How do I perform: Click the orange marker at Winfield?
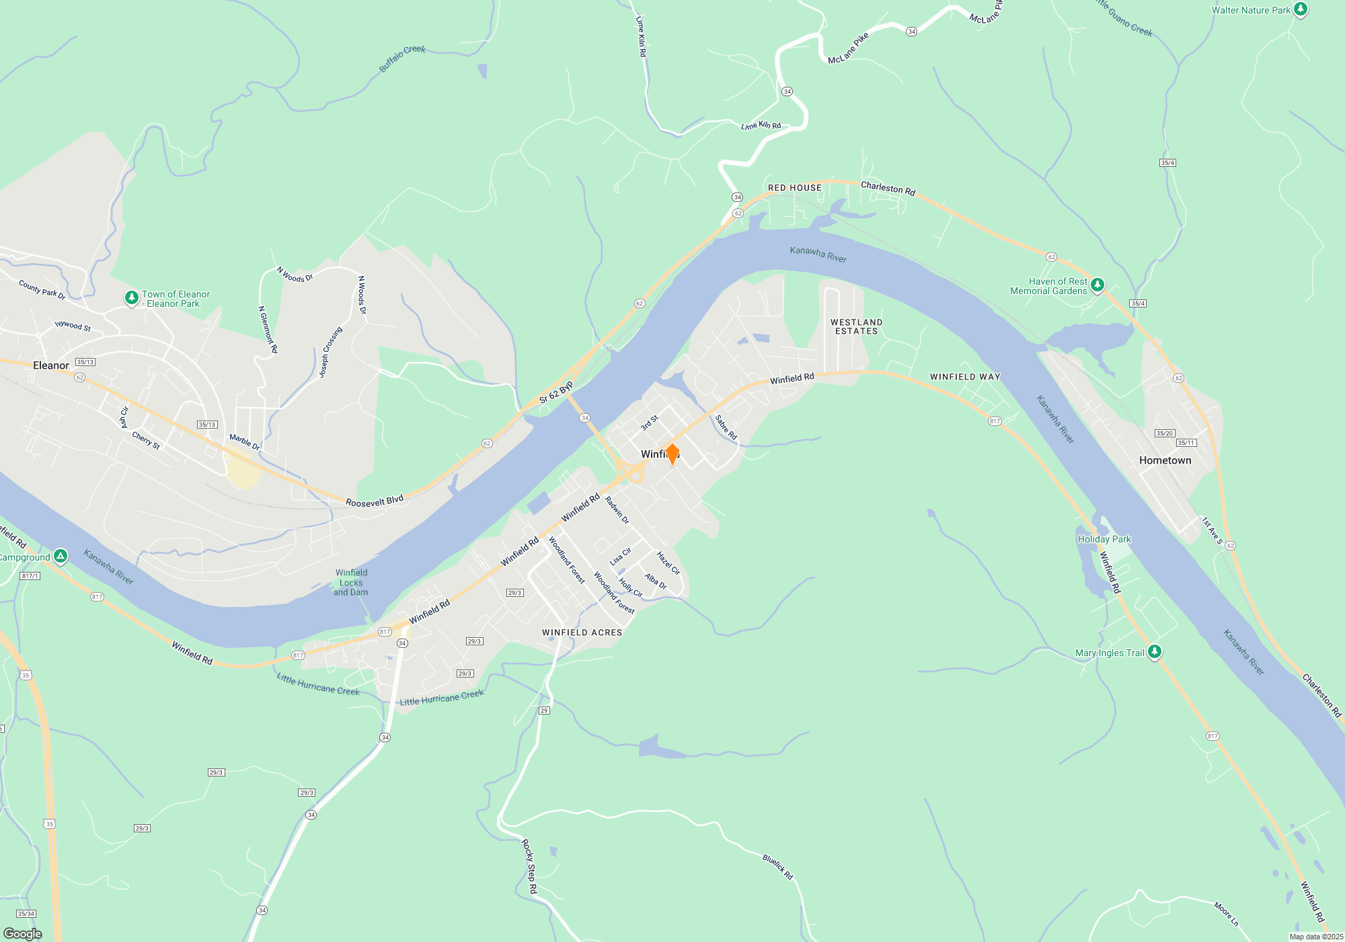[672, 454]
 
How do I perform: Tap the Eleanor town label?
[51, 365]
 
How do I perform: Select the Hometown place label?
[1165, 460]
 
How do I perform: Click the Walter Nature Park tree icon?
[1301, 10]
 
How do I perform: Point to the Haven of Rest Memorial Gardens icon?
[1097, 285]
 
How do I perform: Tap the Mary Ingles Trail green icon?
[1155, 652]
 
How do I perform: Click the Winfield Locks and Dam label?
[351, 583]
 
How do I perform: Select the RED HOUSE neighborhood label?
[795, 188]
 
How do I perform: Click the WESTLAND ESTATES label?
[856, 326]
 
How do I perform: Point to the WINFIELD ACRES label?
[582, 632]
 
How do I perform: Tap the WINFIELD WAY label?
[965, 377]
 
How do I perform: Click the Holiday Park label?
[1104, 539]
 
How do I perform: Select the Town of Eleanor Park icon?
[132, 297]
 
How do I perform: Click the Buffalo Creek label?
[402, 58]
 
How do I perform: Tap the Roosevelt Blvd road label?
[375, 501]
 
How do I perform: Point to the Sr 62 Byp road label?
[556, 392]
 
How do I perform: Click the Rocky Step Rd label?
[530, 866]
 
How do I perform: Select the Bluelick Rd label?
[778, 867]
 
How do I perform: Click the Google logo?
[23, 934]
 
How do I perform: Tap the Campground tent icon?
[61, 556]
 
